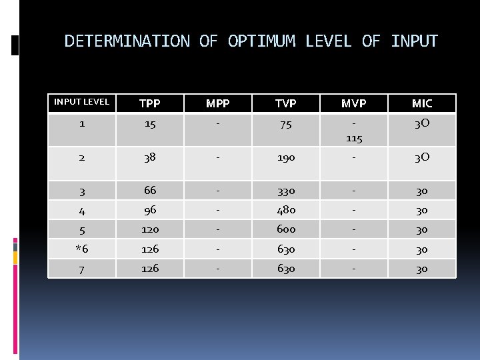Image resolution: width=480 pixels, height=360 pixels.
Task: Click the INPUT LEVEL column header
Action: click(x=81, y=102)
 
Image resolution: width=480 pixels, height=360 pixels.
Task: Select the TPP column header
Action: click(x=150, y=103)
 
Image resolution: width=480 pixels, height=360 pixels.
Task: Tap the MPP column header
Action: click(x=218, y=103)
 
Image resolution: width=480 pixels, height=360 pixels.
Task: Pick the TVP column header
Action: click(x=286, y=103)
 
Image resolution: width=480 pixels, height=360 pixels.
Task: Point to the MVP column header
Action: click(x=354, y=103)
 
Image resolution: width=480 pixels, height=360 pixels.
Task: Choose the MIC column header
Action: click(x=422, y=103)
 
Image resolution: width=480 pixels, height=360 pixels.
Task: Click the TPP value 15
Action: click(x=150, y=125)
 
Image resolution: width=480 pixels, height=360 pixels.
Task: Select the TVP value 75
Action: click(x=286, y=125)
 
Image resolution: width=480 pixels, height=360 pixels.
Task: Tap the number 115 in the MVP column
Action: click(x=354, y=138)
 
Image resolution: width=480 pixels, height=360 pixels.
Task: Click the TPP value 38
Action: click(x=150, y=158)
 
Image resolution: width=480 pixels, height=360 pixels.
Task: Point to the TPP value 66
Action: click(x=150, y=191)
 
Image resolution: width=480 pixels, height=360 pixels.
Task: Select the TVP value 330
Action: click(x=286, y=191)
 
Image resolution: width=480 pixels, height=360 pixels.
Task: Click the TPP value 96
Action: click(x=150, y=210)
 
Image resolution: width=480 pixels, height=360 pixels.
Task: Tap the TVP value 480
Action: click(x=286, y=210)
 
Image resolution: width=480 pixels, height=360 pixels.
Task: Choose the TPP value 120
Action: click(x=150, y=229)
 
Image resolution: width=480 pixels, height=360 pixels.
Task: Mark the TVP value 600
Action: click(x=286, y=229)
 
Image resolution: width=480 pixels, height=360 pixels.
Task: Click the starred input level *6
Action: click(x=81, y=249)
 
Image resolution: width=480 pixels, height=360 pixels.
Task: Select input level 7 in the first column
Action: click(x=81, y=269)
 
